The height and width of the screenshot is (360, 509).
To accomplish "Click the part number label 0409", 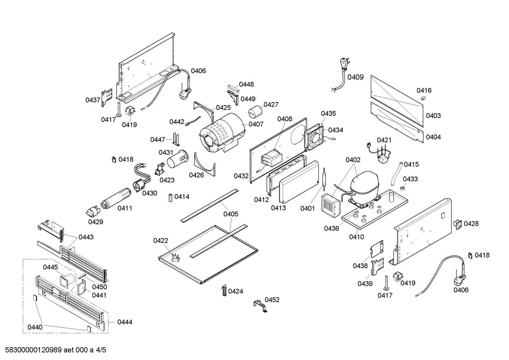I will coord(355,77).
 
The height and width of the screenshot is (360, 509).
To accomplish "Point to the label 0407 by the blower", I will coord(256,124).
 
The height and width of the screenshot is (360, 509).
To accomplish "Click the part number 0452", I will coord(272,300).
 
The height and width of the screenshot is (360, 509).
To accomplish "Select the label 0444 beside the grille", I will coord(125,322).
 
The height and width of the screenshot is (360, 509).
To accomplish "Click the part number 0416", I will coord(424,90).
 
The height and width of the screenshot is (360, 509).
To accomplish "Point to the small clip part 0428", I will coord(458,224).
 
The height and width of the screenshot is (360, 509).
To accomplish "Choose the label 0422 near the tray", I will coord(161,241).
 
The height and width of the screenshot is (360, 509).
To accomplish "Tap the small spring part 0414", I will coord(170,197).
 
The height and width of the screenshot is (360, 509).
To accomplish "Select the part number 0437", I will coord(93,100).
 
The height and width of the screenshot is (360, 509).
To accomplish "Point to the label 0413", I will coord(279,208).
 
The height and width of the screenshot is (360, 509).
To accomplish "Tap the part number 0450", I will coord(100,287).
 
